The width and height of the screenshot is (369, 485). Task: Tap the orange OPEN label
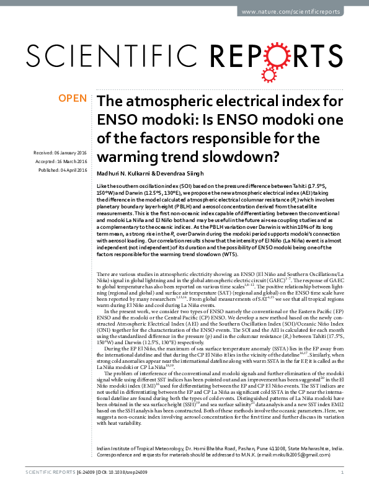(x=72, y=98)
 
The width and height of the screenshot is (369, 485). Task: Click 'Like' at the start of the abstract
(x=102, y=186)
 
